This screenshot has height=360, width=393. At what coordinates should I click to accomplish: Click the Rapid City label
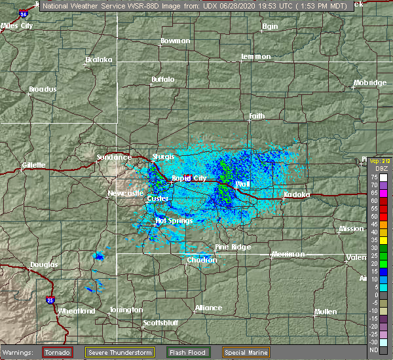click(189, 178)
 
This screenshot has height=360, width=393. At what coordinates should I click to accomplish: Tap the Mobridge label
click(369, 82)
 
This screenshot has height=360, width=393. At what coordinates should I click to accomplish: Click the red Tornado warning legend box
click(58, 352)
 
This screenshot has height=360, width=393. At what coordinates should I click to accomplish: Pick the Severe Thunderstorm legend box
click(120, 352)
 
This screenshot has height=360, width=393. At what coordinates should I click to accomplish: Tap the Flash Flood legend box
click(189, 352)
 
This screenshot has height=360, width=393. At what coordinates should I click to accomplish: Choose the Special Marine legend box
click(244, 352)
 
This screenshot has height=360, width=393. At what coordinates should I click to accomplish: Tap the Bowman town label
click(176, 41)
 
